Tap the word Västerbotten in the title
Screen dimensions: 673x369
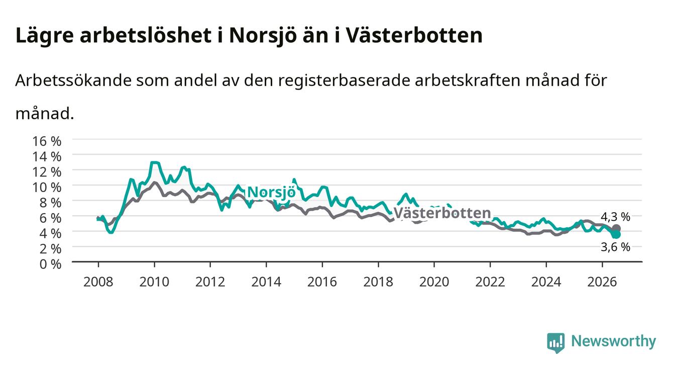[414, 35]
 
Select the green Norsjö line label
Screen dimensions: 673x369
[271, 193]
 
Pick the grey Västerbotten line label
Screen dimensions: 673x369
[442, 213]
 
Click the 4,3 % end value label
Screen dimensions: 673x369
[615, 217]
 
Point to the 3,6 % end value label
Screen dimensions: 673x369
[615, 247]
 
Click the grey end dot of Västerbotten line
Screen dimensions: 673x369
[616, 228]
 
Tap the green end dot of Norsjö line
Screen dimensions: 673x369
[616, 234]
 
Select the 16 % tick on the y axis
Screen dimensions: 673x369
[47, 141]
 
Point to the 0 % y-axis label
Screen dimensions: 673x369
[50, 264]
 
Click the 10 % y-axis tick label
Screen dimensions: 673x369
[47, 188]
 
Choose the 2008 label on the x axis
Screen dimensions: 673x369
[98, 282]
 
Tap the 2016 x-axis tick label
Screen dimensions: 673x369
[322, 282]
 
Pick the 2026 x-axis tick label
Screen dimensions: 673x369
[602, 282]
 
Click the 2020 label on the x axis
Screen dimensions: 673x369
[434, 282]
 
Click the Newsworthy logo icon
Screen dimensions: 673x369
[556, 342]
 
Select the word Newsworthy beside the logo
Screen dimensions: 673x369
[614, 341]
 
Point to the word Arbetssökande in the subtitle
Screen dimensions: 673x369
[73, 80]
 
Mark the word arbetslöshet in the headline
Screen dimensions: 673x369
[146, 35]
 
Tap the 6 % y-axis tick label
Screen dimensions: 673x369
[50, 218]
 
